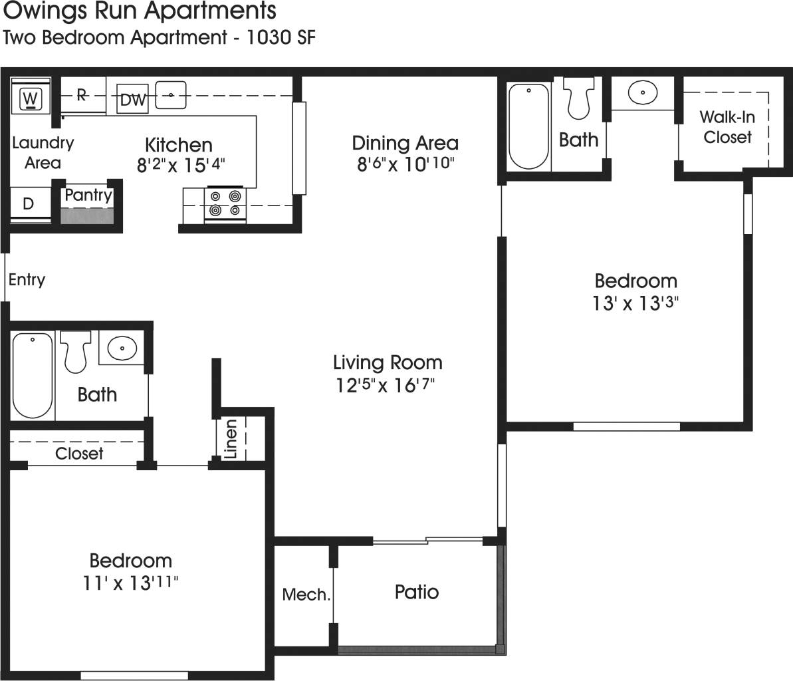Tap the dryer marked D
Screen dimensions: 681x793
point(29,204)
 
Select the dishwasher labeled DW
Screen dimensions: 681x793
point(133,100)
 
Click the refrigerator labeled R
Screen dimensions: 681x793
point(82,95)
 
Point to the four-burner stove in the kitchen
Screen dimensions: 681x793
point(224,204)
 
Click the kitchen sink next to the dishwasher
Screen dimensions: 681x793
point(171,95)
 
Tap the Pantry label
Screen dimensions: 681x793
point(88,196)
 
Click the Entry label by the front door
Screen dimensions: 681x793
point(27,279)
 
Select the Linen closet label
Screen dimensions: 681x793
point(231,440)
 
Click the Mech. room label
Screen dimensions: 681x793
point(306,594)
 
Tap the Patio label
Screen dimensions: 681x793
point(416,591)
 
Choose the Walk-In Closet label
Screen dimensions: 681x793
point(727,127)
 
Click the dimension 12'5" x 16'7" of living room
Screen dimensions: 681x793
point(388,385)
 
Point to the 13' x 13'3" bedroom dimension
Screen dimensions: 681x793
point(635,303)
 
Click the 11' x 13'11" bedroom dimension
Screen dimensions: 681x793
point(130,583)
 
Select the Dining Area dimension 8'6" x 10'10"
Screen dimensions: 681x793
point(405,164)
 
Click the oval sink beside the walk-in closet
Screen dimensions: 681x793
point(642,92)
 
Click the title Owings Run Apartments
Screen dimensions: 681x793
point(140,11)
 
